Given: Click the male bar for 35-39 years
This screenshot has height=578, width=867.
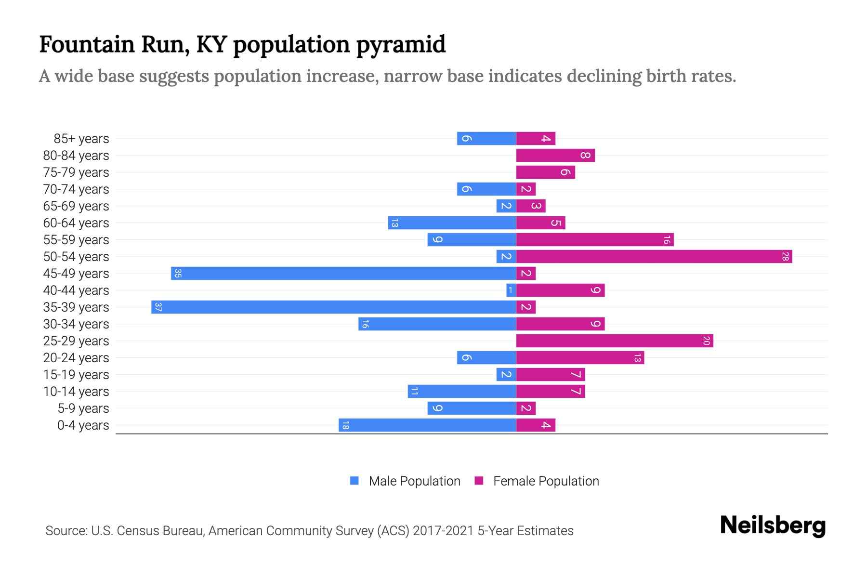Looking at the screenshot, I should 333,307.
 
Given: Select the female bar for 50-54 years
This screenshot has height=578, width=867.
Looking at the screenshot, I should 654,257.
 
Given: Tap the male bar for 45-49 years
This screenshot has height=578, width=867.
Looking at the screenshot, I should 343,274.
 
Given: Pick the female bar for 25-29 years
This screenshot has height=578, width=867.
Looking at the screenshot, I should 614,341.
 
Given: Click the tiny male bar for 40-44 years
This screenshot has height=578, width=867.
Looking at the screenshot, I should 511,290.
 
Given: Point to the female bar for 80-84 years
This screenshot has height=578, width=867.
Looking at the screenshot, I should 555,156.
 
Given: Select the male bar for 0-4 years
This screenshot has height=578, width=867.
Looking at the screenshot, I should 427,425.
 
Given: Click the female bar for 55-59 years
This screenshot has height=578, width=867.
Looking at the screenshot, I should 594,240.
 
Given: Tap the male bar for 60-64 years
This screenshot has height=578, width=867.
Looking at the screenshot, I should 452,223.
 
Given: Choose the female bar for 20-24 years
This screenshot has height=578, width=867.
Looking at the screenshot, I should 579,358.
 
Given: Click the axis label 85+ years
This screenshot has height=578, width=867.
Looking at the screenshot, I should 81,139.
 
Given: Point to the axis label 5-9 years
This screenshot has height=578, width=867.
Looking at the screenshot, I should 83,408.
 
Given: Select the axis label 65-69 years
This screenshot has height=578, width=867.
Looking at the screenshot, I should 76,206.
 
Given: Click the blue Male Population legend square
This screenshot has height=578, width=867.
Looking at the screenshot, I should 355,481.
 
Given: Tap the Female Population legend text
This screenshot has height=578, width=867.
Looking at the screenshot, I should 546,481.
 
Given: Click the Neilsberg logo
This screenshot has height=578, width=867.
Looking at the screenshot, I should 773,525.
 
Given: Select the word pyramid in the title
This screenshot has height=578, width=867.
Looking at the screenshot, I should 401,44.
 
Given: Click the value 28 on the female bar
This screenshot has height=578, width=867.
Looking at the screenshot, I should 785,257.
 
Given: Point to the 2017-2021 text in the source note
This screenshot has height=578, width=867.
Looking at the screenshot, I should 443,531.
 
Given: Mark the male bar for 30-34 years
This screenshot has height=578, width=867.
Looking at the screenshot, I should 437,324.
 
